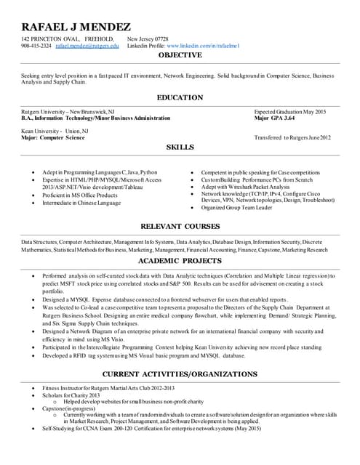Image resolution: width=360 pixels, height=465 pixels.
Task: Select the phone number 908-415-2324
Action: pyautogui.click(x=36, y=46)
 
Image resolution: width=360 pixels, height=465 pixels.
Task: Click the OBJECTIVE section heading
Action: pyautogui.click(x=180, y=55)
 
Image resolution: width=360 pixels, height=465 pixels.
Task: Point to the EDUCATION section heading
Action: pyautogui.click(x=180, y=97)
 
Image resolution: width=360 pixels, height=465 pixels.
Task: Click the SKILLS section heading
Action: pyautogui.click(x=180, y=147)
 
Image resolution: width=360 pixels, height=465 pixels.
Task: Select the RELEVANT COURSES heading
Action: pyautogui.click(x=180, y=226)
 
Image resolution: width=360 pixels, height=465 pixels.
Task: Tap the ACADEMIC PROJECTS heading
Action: pyautogui.click(x=180, y=260)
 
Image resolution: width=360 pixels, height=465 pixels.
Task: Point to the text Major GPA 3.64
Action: pyautogui.click(x=274, y=117)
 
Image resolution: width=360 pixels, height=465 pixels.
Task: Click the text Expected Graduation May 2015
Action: pyautogui.click(x=290, y=110)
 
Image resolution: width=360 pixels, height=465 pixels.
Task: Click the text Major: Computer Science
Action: pyautogui.click(x=53, y=137)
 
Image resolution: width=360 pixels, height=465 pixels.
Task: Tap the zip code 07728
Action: pyautogui.click(x=161, y=39)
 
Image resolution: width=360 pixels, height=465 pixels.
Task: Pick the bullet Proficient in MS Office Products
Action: pyautogui.click(x=79, y=195)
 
